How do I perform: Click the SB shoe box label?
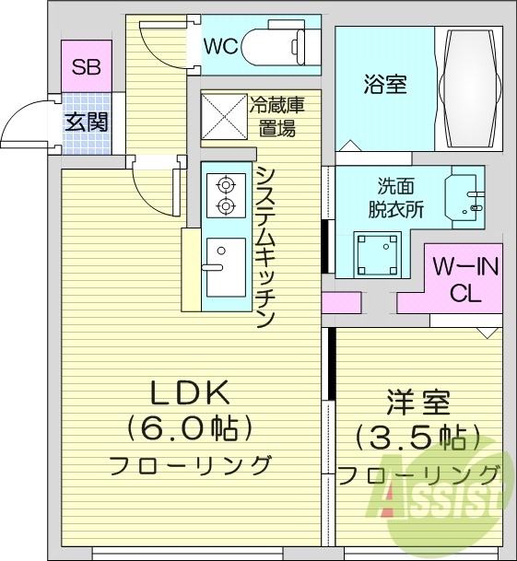(87, 67)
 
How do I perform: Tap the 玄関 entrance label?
(87, 120)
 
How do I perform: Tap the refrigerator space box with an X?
(223, 115)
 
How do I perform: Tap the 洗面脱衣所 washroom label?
(400, 196)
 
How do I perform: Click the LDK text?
(190, 393)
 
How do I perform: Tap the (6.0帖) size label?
(190, 428)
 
